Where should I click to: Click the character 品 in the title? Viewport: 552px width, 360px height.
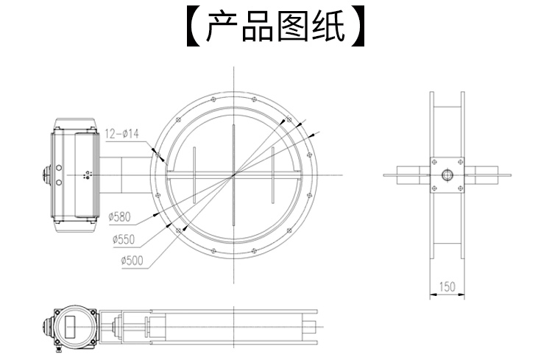pos(259,27)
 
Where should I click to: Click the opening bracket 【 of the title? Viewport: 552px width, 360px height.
pos(193,27)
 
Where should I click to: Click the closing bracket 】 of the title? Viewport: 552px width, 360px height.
pos(359,27)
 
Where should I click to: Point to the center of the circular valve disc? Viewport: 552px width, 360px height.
pos(233,174)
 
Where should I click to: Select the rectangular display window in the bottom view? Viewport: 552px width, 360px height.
pos(77,325)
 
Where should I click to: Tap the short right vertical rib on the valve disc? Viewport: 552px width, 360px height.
pos(272,174)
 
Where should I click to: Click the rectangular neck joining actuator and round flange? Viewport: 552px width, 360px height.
pos(125,174)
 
